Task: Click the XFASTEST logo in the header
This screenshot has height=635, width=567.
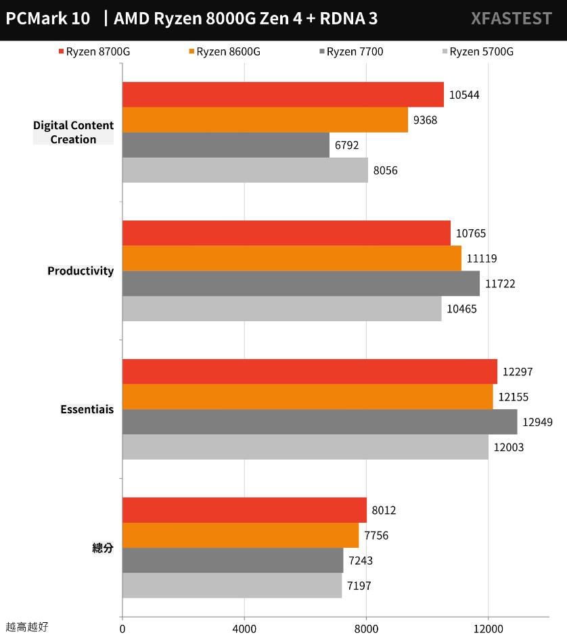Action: [511, 19]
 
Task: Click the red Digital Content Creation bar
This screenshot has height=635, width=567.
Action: [283, 95]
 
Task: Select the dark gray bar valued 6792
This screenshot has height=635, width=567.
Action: [226, 145]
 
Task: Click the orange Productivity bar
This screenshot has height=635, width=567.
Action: [292, 258]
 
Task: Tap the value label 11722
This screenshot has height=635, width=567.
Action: [500, 284]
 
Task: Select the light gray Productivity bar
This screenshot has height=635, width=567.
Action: [281, 309]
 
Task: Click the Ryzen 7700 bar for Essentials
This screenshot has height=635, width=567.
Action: [319, 422]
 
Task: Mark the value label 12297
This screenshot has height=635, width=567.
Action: [518, 372]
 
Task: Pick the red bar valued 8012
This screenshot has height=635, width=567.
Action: [244, 510]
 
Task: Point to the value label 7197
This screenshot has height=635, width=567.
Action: [359, 586]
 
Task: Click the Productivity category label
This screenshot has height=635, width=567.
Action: [81, 271]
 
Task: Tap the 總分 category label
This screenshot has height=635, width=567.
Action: [103, 548]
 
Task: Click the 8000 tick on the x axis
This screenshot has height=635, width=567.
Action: [366, 628]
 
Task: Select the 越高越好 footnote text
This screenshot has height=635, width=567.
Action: [27, 627]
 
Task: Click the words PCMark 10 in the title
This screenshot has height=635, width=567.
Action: [48, 19]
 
